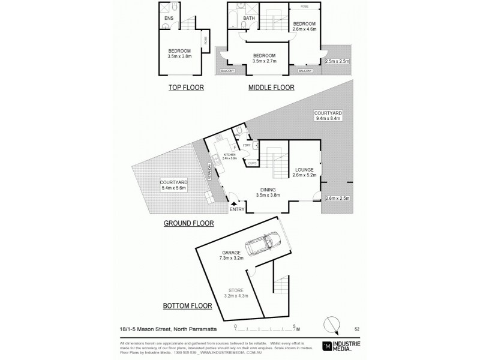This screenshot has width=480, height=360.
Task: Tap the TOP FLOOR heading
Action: coord(186,88)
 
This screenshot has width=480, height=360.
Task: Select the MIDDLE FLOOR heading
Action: coord(272,88)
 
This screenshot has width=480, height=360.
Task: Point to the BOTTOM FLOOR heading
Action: coord(188,306)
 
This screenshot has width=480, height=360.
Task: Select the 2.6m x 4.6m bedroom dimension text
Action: coord(305,28)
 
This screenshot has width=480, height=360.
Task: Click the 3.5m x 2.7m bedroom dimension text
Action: coord(265,61)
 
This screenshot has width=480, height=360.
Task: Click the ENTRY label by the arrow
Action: coord(237,209)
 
